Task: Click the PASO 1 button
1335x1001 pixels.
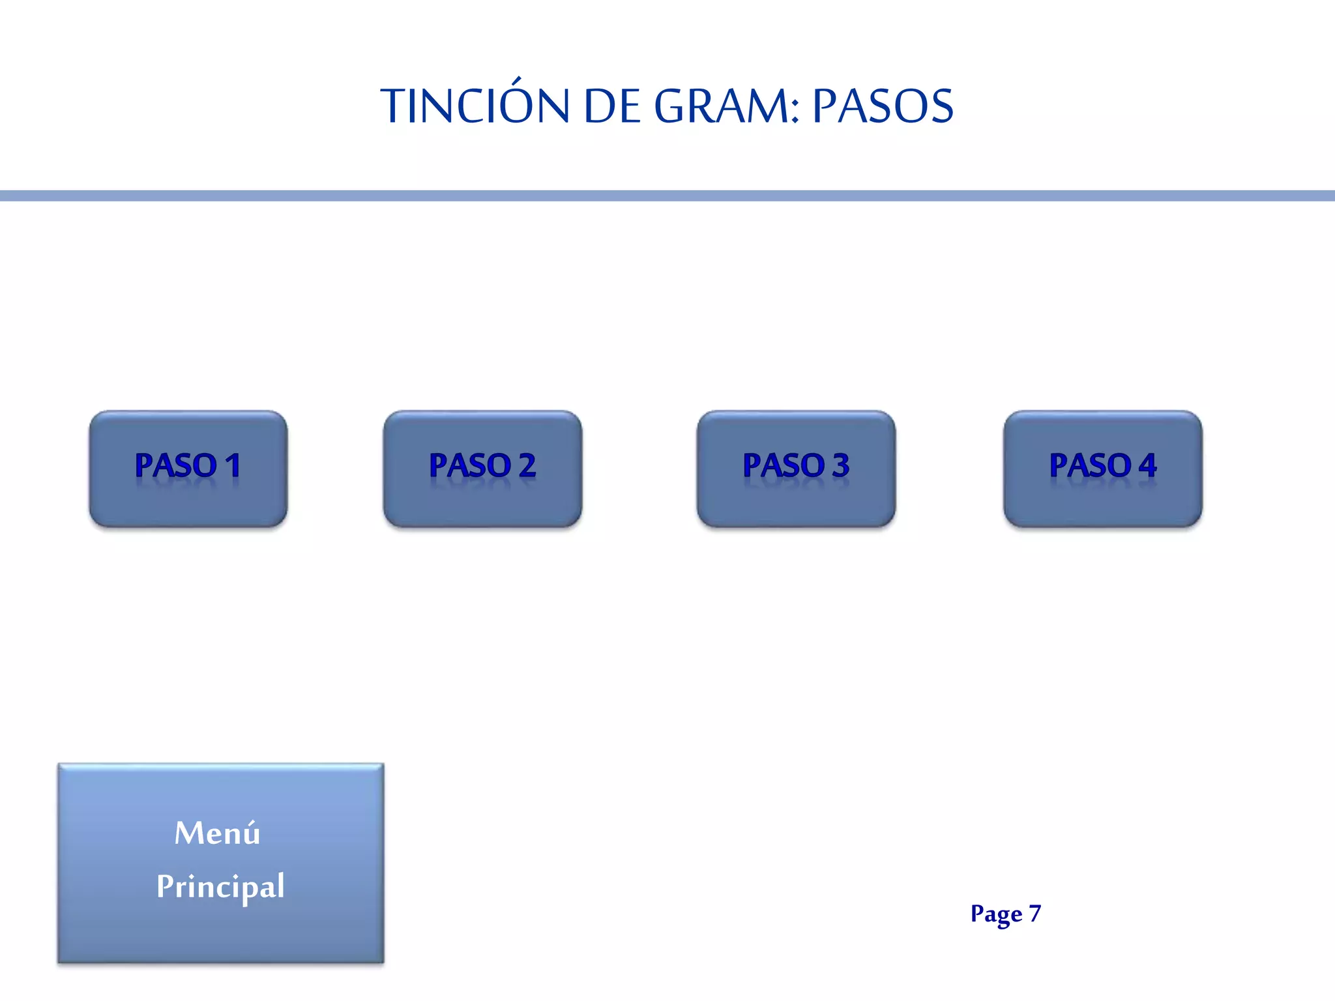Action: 188,469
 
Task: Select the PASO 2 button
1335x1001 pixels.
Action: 482,469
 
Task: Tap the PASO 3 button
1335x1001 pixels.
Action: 796,469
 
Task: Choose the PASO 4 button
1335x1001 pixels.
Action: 1103,469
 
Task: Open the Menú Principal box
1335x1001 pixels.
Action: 221,863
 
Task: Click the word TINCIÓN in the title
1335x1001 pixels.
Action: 475,106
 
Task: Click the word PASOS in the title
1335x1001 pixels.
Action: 883,106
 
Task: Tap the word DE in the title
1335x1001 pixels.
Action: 612,106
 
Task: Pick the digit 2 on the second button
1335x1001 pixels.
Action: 527,465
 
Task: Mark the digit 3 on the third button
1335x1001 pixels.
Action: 841,465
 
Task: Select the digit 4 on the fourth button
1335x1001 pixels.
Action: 1148,465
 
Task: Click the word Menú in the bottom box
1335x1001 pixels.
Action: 217,834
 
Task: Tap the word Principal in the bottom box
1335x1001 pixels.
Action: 220,886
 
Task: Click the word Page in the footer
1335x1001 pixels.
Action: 996,914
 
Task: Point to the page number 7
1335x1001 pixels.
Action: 1035,913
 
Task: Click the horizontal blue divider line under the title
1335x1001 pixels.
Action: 667,196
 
